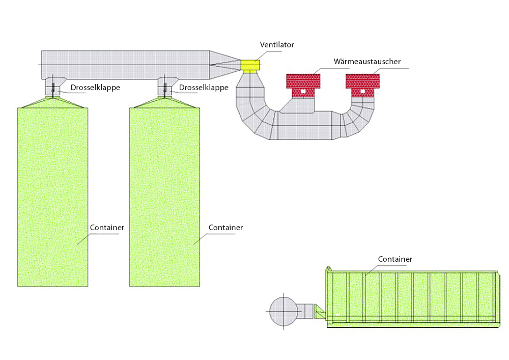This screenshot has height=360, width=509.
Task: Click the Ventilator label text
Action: pos(277,45)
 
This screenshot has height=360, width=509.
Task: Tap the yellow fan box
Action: pos(250,65)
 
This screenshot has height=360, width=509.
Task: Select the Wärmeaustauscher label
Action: pos(367,62)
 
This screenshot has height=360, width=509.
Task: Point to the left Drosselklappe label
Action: pos(95,88)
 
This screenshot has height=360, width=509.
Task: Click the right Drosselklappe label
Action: pos(204,88)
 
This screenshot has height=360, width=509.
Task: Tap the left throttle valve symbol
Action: pos(53,91)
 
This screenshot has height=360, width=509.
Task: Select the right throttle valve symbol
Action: pos(164,91)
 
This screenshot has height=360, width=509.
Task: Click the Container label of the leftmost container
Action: pos(107,228)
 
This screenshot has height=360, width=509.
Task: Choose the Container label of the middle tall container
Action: pos(225,228)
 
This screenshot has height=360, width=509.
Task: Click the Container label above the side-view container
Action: pos(395,259)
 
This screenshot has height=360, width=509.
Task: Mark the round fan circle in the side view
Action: pos(282,311)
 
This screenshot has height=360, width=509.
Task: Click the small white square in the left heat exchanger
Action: pos(303,92)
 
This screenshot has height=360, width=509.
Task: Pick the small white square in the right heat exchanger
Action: pos(362,92)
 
